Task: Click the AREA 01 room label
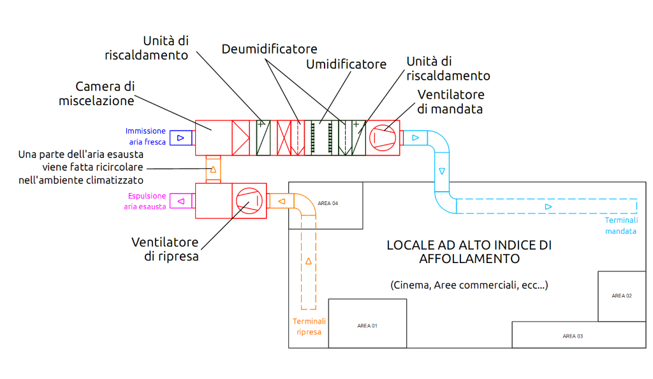coord(367,325)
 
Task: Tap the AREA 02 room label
coord(621,296)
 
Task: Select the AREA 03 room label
coord(572,336)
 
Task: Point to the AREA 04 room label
coord(327,203)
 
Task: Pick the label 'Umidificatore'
coord(346,64)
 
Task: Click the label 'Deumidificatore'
coord(269,49)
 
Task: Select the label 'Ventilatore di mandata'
coord(450,101)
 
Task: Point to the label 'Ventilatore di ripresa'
coord(165,249)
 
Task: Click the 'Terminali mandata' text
coord(620,225)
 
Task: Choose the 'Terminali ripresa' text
coord(309,327)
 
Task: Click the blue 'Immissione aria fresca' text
coord(145,136)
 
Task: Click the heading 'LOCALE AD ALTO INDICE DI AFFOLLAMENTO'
coord(469,252)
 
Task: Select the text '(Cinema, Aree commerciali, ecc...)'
coord(469,285)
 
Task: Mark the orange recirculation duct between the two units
coord(213,169)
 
